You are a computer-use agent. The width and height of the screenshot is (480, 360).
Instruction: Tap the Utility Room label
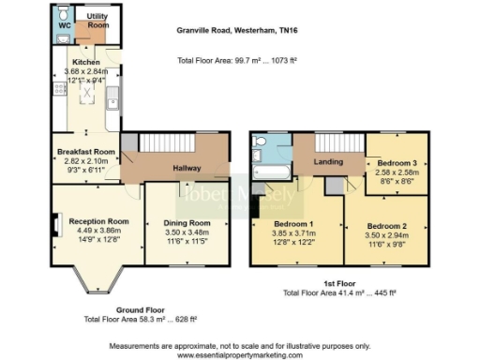point(97,22)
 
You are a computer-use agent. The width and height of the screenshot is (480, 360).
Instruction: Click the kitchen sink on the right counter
point(112,97)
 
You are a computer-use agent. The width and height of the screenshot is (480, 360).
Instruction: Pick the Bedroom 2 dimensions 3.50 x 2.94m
point(386,236)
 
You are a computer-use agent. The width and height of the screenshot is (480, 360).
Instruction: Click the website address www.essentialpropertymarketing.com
point(239,352)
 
